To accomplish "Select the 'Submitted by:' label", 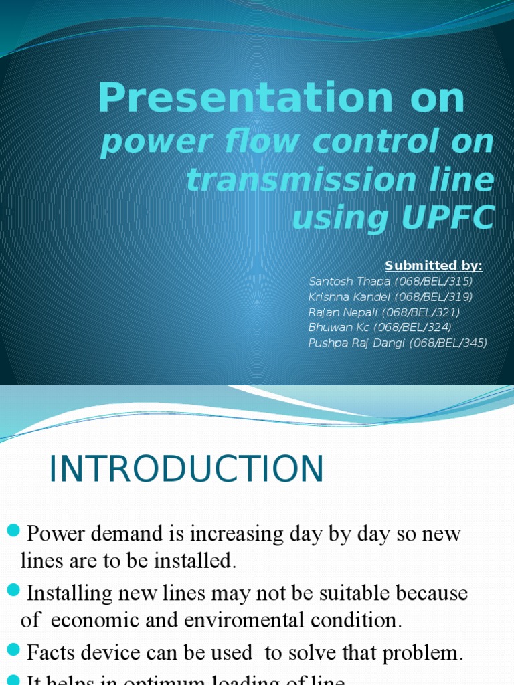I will pos(434,266).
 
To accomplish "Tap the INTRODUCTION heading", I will pos(186,469).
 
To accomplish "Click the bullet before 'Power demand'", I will pos(13,532).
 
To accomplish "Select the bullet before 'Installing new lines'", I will pos(13,590).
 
